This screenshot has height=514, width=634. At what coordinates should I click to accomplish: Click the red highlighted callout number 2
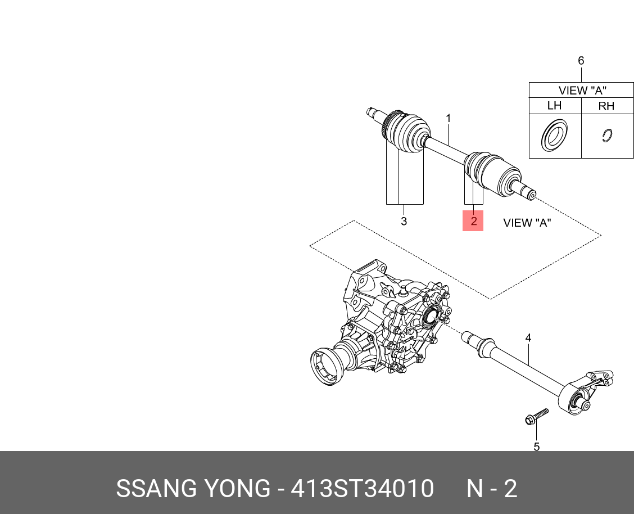click(473, 221)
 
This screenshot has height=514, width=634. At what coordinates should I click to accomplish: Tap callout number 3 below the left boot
click(404, 221)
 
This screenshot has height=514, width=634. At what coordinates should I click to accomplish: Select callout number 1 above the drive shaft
click(449, 119)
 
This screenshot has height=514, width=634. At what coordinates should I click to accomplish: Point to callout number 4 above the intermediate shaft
click(528, 338)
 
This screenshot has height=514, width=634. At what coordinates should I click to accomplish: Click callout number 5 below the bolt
click(536, 447)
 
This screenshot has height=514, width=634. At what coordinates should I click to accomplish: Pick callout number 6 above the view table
click(581, 61)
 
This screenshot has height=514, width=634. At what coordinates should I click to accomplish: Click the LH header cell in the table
click(554, 106)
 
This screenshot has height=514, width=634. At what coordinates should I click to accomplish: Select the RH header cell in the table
click(606, 106)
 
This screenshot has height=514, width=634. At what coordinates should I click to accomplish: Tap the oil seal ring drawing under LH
click(554, 136)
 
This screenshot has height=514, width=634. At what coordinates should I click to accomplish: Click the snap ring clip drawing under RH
click(606, 136)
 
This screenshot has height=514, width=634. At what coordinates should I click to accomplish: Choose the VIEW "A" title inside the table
click(582, 90)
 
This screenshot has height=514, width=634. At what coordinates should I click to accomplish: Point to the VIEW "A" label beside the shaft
click(527, 223)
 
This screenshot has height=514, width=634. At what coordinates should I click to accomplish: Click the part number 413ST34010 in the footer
click(361, 488)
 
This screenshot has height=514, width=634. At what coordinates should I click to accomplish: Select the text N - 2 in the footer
click(492, 488)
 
